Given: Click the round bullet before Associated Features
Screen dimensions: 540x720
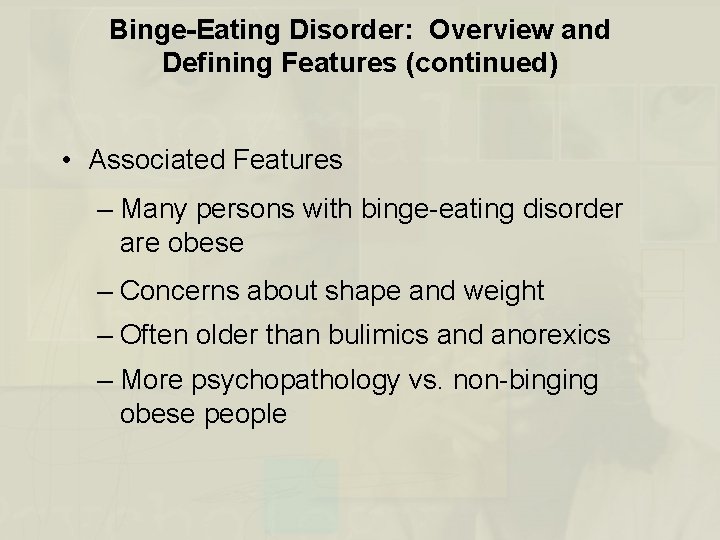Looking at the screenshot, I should coord(66,160).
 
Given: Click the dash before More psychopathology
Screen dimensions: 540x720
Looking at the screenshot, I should coord(106,381).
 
